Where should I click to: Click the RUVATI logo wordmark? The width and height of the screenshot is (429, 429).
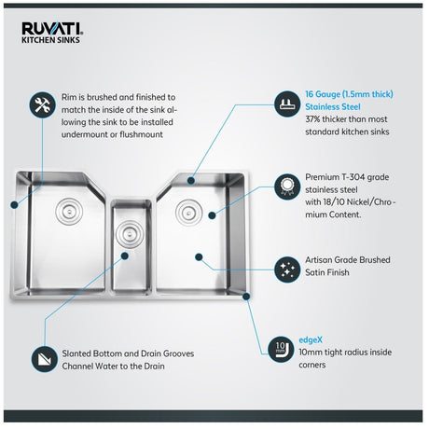(52, 29)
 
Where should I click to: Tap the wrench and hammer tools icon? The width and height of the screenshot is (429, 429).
(43, 104)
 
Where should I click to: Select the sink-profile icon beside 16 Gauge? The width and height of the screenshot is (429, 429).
(287, 104)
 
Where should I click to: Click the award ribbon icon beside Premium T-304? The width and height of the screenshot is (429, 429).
(287, 187)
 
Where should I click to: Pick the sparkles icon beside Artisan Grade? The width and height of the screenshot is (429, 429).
(287, 270)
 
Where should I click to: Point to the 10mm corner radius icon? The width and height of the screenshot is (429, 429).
(281, 350)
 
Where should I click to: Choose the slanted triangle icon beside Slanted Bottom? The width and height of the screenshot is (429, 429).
(45, 359)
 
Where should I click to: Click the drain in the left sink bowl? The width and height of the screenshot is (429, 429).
(69, 212)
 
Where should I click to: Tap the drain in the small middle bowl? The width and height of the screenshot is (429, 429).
(130, 234)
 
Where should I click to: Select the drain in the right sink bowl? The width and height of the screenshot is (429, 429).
(188, 213)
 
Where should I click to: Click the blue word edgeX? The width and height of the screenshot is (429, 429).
(311, 340)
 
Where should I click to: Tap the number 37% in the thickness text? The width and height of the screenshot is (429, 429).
(312, 119)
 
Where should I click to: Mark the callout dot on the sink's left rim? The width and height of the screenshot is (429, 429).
(14, 204)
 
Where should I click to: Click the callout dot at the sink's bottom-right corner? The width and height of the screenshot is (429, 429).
(246, 297)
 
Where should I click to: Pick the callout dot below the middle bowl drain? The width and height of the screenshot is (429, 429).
(125, 256)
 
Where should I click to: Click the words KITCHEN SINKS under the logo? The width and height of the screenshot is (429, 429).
(50, 40)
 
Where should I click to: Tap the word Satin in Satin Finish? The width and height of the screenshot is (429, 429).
(315, 272)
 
